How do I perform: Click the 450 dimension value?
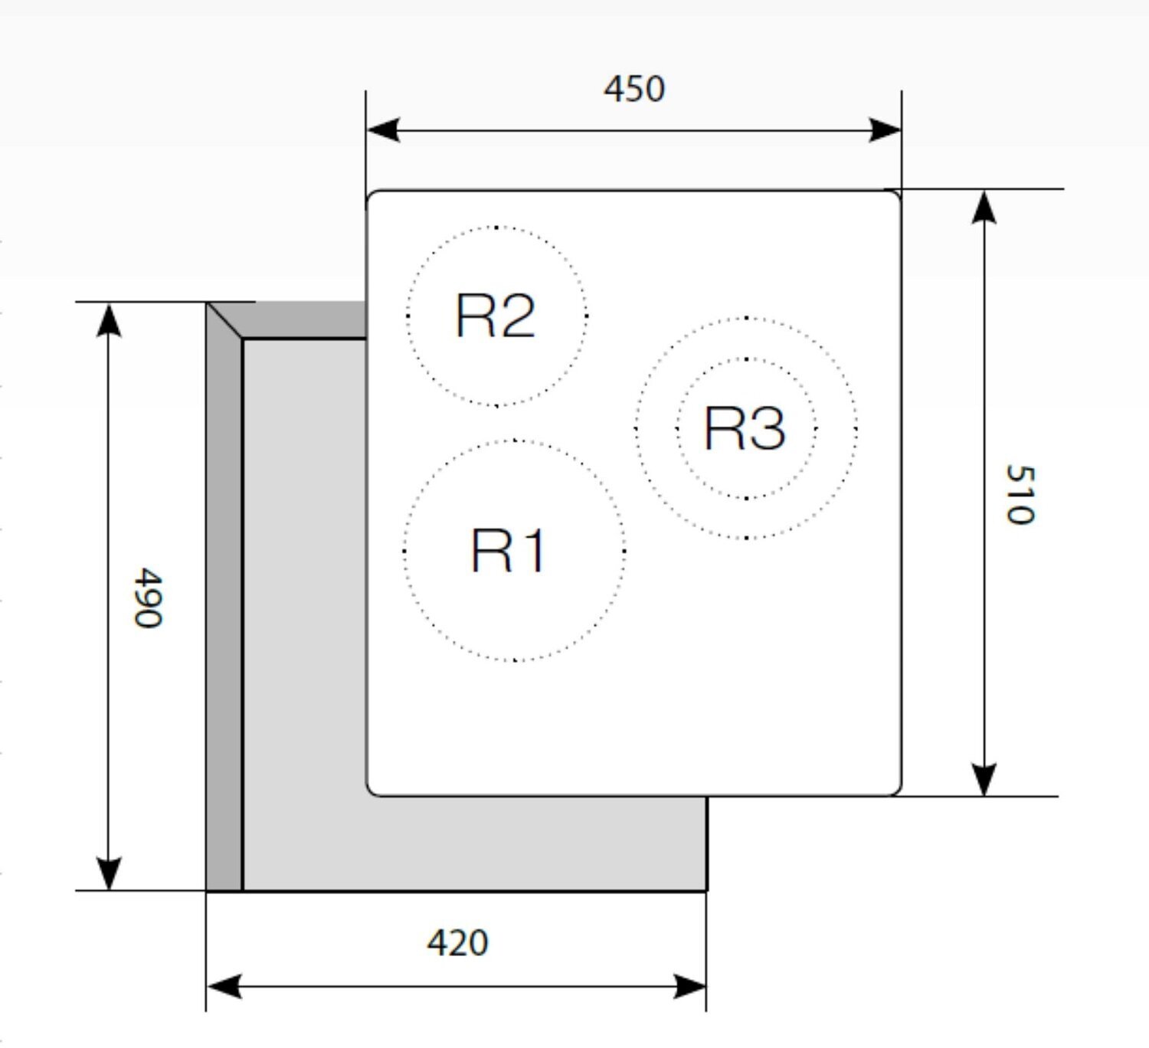tap(633, 90)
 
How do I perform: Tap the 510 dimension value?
tap(1020, 494)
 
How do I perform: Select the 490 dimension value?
tap(147, 598)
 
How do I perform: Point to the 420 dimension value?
tap(457, 943)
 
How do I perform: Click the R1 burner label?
tap(509, 551)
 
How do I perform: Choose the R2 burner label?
tap(495, 316)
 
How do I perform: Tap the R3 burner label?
tap(745, 428)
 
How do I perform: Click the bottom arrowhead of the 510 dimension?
tap(984, 780)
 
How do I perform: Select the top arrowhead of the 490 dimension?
tap(110, 319)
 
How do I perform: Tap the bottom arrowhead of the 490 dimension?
tap(110, 874)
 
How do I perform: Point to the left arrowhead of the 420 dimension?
tap(223, 986)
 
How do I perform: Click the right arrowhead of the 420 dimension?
tap(690, 986)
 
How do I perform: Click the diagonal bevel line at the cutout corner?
tap(224, 320)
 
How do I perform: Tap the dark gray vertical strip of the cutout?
tap(224, 613)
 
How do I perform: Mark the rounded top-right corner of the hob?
tap(895, 195)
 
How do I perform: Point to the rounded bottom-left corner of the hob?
tap(372, 790)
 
